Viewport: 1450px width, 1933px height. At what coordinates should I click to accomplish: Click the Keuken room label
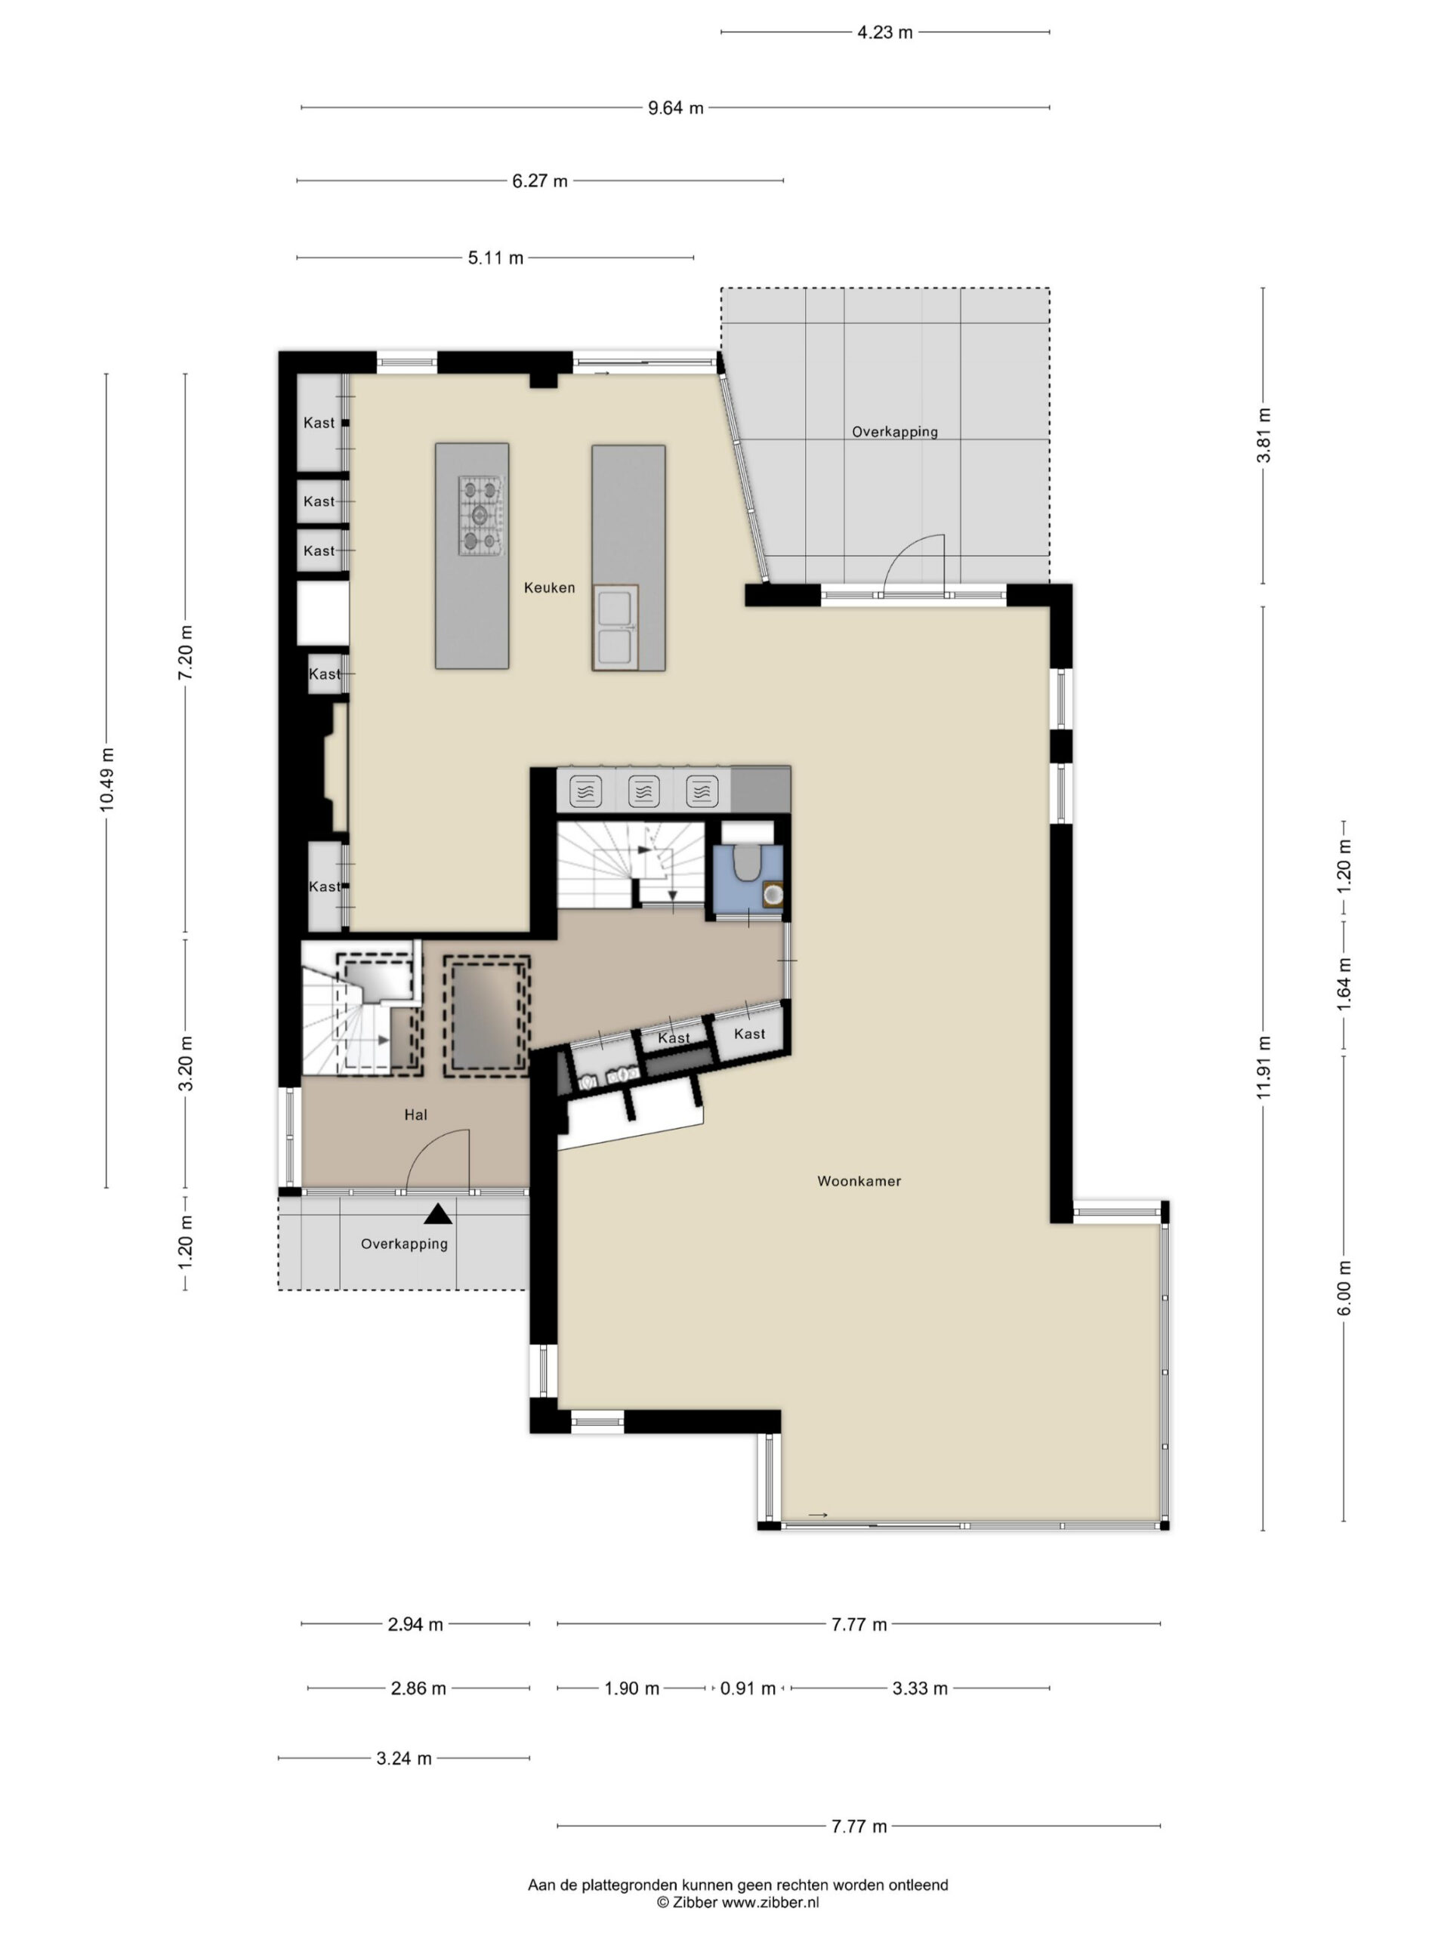pyautogui.click(x=549, y=587)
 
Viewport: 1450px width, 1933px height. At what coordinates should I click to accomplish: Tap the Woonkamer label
pyautogui.click(x=858, y=1181)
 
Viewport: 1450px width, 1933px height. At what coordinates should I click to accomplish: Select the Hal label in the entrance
pyautogui.click(x=416, y=1114)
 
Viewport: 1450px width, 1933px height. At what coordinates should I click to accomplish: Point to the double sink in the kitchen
pyautogui.click(x=615, y=627)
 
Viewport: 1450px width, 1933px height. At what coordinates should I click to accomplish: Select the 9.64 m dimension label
pyautogui.click(x=676, y=109)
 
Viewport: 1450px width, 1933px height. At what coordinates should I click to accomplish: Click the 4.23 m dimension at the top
pyautogui.click(x=884, y=33)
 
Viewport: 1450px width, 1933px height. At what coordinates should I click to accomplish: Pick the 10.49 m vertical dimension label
pyautogui.click(x=106, y=779)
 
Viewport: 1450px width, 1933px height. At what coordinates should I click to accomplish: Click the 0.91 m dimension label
pyautogui.click(x=748, y=1688)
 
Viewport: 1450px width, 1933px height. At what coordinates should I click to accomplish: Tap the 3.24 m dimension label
pyautogui.click(x=404, y=1759)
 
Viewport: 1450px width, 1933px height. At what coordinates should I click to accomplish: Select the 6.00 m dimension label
pyautogui.click(x=1344, y=1287)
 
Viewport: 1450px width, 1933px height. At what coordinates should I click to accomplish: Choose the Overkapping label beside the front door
pyautogui.click(x=404, y=1244)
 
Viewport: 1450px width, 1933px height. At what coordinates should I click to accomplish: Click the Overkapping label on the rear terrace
pyautogui.click(x=895, y=432)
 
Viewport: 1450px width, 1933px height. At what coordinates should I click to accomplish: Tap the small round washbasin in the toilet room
pyautogui.click(x=773, y=895)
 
